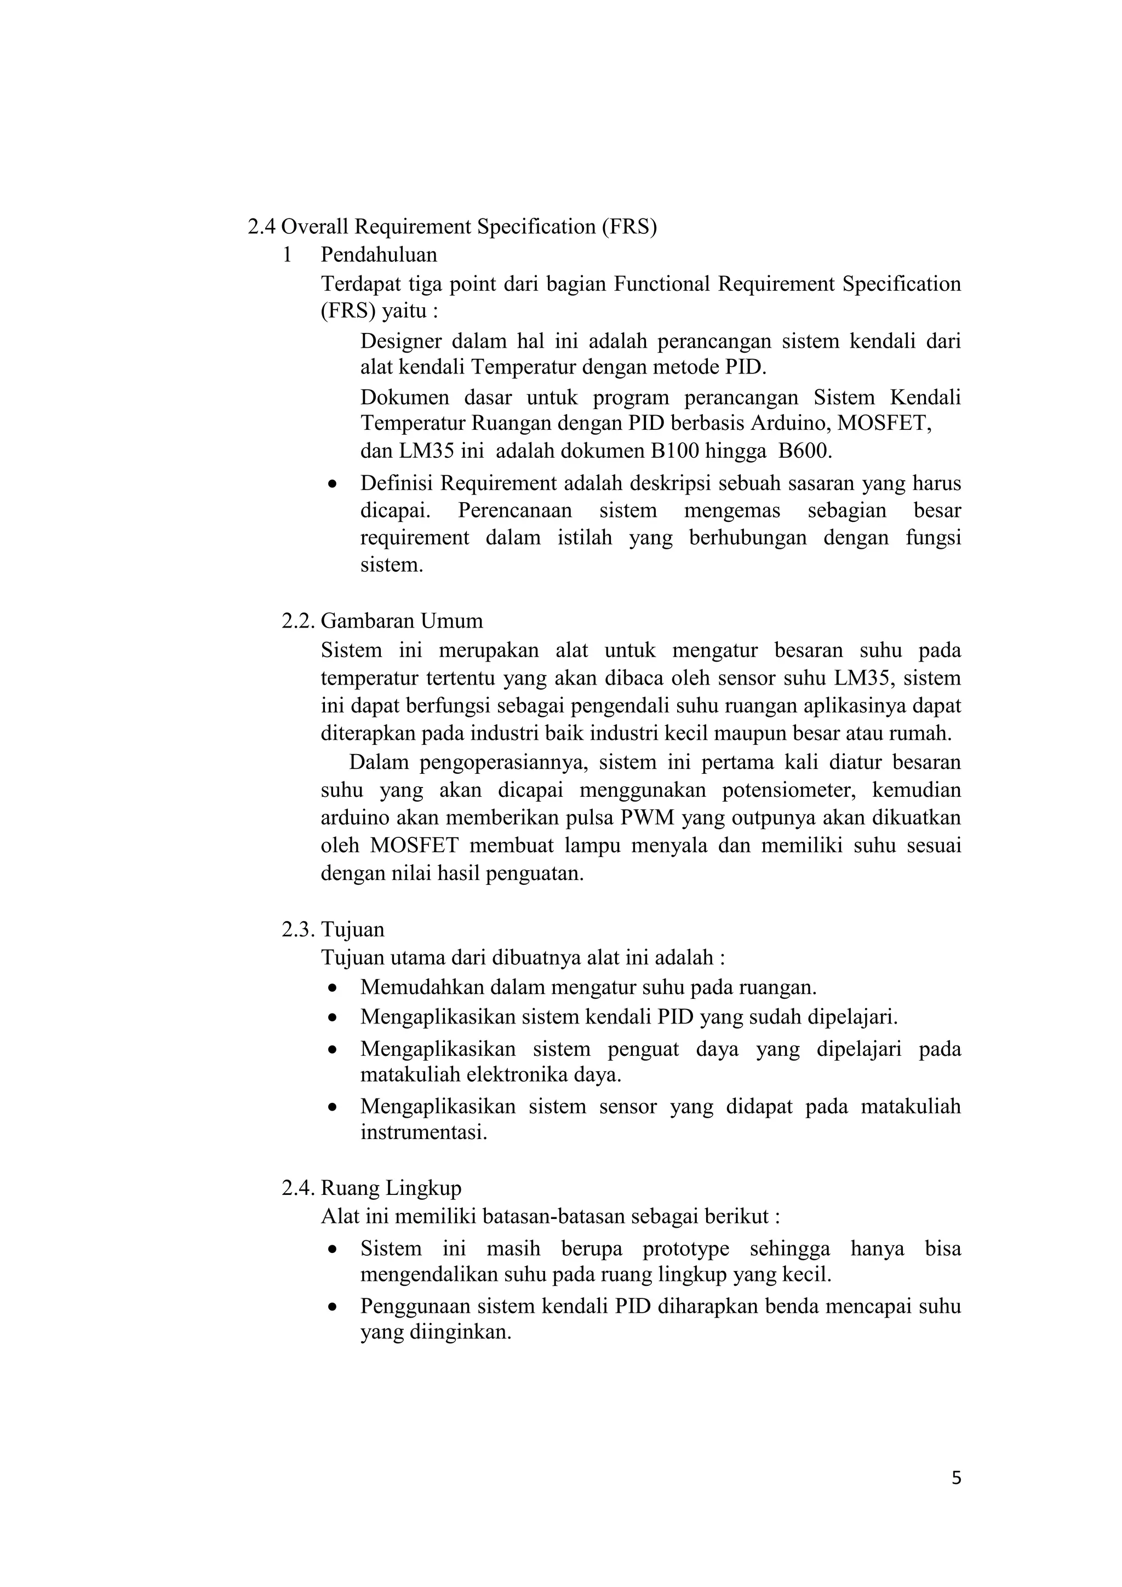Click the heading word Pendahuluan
[379, 255]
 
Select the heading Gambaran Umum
[402, 620]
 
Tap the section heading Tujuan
[353, 929]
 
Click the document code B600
[805, 451]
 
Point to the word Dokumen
[404, 398]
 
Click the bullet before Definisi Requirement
[333, 485]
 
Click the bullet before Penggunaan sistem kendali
[333, 1308]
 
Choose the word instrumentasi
[424, 1133]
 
